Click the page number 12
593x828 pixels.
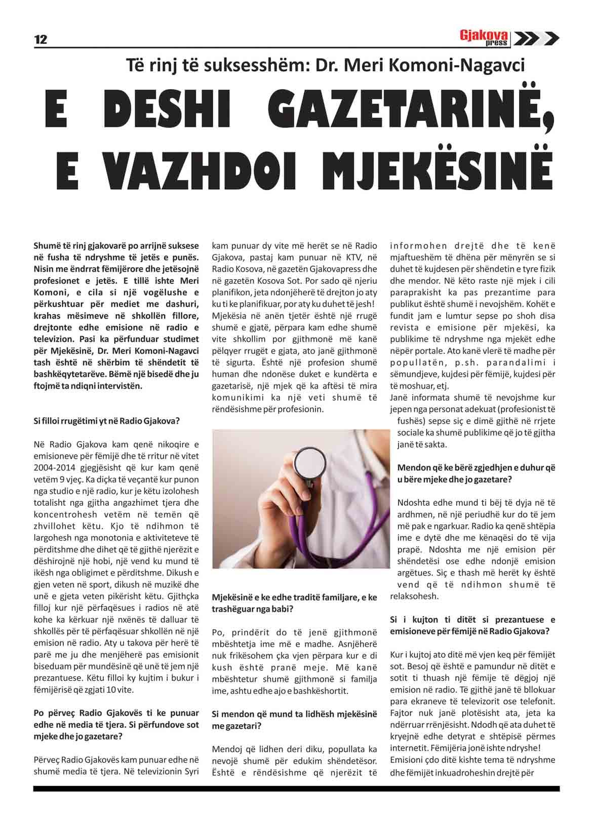pyautogui.click(x=41, y=39)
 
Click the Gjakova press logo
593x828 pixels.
pyautogui.click(x=484, y=37)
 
